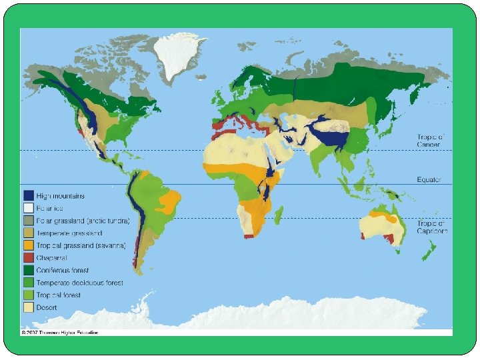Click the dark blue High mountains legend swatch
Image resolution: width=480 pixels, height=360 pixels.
28,195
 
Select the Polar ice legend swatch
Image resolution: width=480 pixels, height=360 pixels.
28,208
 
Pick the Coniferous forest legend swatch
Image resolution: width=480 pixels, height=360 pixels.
28,270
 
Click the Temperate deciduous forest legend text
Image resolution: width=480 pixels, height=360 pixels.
79,283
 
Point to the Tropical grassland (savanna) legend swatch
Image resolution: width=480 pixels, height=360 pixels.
28,245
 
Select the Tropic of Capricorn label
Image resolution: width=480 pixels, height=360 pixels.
433,227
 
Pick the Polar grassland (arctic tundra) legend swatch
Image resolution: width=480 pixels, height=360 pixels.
28,221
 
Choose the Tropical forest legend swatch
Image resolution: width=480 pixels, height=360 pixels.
28,295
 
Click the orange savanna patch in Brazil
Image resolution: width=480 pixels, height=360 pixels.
170,200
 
